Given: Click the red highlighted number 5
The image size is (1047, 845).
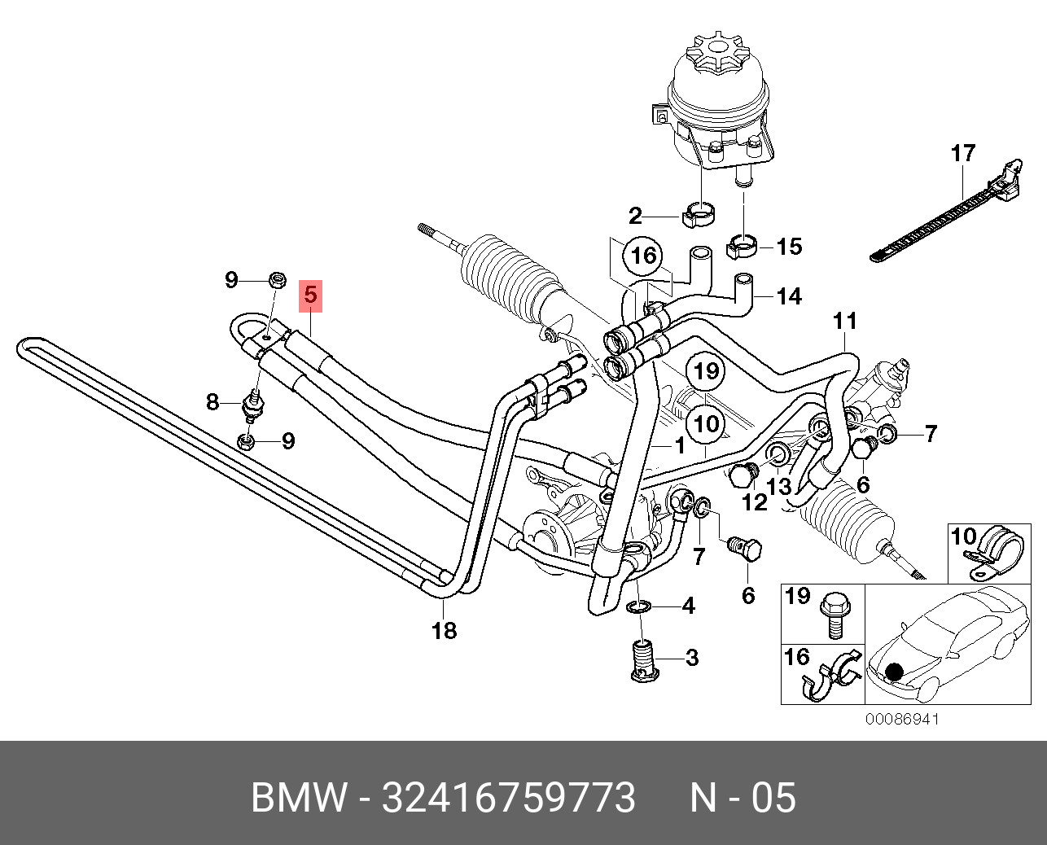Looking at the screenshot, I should pos(311,295).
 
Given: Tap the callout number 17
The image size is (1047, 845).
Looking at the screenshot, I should pos(962,152).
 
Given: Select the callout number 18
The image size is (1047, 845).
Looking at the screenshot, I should pos(445,629).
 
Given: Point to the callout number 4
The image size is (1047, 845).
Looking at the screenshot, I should pos(688,606).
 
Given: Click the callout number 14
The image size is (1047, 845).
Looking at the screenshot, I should pos(789,296).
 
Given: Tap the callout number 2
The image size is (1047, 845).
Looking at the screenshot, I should pos(635,217).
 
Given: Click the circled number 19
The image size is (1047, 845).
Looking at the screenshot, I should pos(706,373).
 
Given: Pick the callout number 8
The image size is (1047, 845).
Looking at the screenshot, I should pos(212,401).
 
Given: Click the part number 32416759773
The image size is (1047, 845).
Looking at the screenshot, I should pos(509,799).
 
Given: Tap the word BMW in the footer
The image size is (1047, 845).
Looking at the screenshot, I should pos(299,799).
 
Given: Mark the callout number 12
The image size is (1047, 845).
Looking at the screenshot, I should pos(755,502).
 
